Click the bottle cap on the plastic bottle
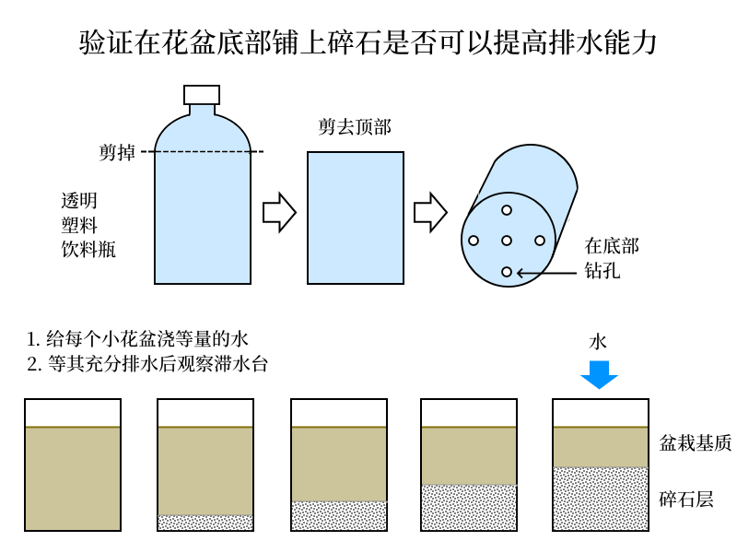[x=202, y=95]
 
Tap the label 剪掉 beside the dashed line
[x=117, y=153]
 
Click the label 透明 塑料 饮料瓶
[x=88, y=225]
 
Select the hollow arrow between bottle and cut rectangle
[x=279, y=213]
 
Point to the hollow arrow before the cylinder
[x=430, y=213]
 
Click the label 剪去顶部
[x=355, y=127]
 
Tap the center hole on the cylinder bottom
[x=507, y=241]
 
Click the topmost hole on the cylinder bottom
[x=507, y=210]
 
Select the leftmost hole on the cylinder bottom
[x=474, y=241]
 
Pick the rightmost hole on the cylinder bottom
[x=540, y=241]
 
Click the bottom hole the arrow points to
[x=507, y=272]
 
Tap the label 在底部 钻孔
[x=612, y=258]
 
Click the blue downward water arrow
[x=599, y=374]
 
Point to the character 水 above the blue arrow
[x=599, y=342]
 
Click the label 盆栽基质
[x=696, y=443]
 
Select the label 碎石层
[x=686, y=500]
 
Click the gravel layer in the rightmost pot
[x=601, y=499]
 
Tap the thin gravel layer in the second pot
[x=205, y=523]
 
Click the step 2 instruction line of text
[x=147, y=364]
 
